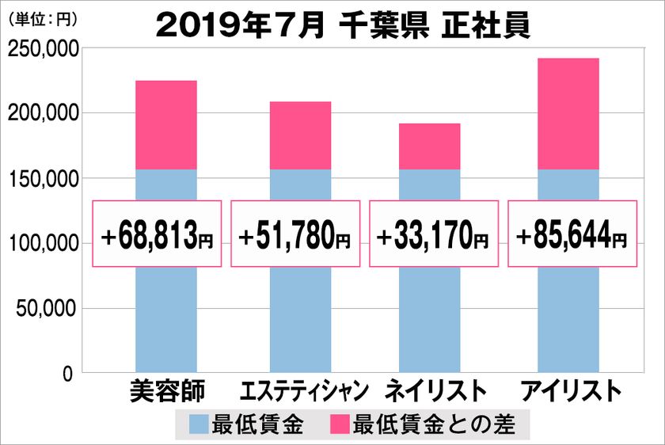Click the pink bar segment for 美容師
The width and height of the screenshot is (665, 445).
click(166, 125)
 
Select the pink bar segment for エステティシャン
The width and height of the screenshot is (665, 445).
click(300, 135)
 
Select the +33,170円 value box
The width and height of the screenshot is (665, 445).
click(434, 234)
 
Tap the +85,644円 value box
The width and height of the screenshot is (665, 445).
click(572, 234)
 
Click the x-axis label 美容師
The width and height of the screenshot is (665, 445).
click(166, 391)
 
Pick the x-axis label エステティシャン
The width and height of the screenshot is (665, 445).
click(303, 391)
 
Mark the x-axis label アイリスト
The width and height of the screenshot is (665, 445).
click(568, 391)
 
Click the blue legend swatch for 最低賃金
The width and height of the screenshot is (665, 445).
click(199, 425)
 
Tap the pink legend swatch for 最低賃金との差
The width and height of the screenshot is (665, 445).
click(340, 425)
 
